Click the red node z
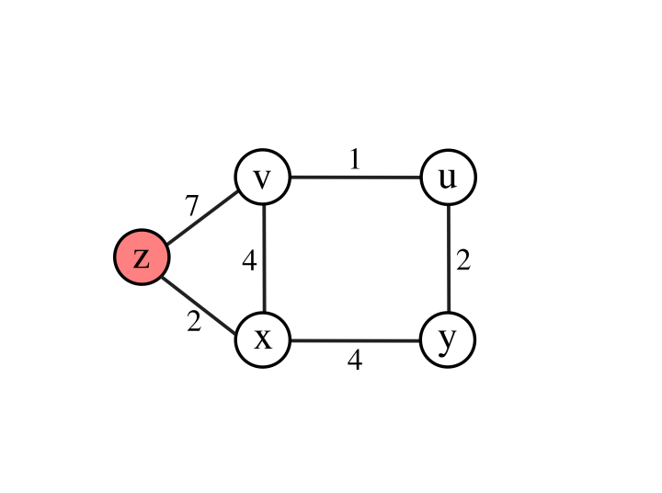(x=141, y=258)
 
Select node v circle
(x=263, y=178)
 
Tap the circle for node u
(x=448, y=178)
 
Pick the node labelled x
(x=263, y=339)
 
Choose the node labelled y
(x=448, y=339)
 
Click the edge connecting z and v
(x=201, y=218)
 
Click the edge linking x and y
(x=355, y=340)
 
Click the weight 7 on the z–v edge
(x=191, y=206)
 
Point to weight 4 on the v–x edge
(x=248, y=261)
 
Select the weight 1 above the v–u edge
(x=355, y=159)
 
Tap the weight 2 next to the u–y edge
(x=463, y=261)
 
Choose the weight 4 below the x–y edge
(x=355, y=361)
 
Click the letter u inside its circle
(x=448, y=178)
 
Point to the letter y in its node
(x=448, y=340)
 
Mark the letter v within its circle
(x=263, y=178)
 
